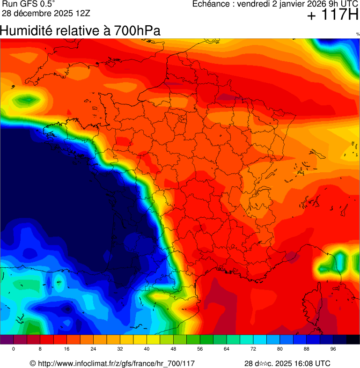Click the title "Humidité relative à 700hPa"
click(80, 31)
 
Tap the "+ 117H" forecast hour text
click(332, 15)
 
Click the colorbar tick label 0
click(14, 349)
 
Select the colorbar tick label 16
click(67, 349)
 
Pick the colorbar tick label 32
click(120, 349)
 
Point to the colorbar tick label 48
click(173, 349)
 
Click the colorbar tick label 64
click(227, 349)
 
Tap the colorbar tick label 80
click(280, 349)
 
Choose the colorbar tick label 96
click(333, 349)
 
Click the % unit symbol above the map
click(358, 34)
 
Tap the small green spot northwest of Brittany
click(27, 99)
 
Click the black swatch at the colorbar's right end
click(353, 340)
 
